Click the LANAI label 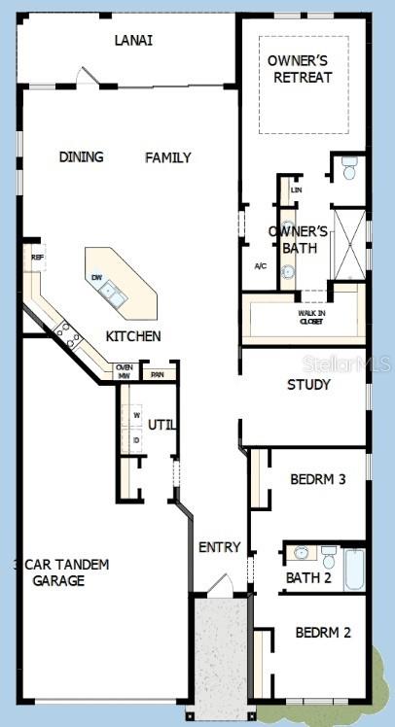tap(133, 41)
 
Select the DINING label tap(81, 157)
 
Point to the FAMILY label tap(168, 157)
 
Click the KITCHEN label tap(133, 336)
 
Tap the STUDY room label tap(308, 385)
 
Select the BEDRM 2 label tap(323, 633)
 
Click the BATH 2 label tap(307, 578)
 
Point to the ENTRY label tap(219, 547)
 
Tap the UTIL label tap(162, 424)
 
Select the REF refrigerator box tap(36, 258)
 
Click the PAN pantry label tap(157, 373)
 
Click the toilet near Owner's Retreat tap(349, 167)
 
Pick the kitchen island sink tap(115, 292)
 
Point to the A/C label tap(261, 265)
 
